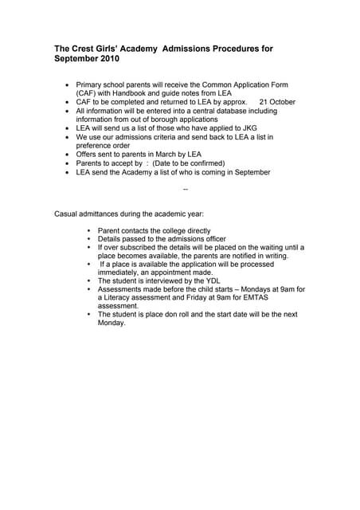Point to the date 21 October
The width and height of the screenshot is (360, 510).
coord(277,102)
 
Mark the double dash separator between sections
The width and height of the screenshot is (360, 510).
coord(186,190)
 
